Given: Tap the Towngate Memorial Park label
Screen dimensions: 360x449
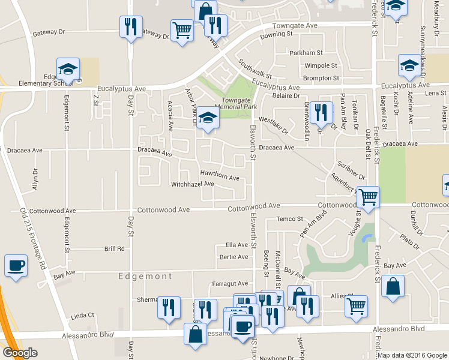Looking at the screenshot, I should pos(240,103).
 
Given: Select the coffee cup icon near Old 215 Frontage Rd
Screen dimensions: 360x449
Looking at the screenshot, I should pos(16,265).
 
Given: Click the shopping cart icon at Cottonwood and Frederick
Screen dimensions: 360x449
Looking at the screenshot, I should pos(367,197).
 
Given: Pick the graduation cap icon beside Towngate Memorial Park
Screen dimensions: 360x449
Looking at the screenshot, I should pos(208,118).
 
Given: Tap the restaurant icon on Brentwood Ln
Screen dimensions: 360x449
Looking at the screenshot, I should pos(322,112).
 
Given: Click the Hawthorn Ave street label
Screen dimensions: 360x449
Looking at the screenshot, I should pos(220,178).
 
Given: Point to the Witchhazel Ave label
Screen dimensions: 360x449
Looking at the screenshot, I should pos(192,184).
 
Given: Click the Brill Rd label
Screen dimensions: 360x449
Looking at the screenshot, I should pos(114,248).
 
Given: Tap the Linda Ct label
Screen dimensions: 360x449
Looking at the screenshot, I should pos(83,315).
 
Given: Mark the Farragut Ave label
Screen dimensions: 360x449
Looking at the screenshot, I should pos(230,283).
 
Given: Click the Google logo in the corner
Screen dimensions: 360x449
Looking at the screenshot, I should pos(20,353).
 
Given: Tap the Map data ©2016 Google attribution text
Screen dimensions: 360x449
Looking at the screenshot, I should pos(412,355).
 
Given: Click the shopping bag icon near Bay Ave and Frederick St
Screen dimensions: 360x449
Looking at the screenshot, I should pos(393,287).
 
